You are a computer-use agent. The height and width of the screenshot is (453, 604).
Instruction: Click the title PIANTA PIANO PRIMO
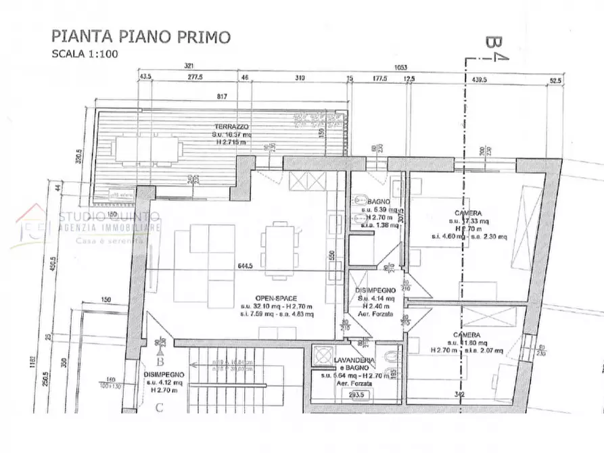[x=141, y=36]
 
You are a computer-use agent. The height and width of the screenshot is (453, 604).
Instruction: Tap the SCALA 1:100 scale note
[x=85, y=55]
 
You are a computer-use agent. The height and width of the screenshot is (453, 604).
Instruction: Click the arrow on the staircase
[x=196, y=364]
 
